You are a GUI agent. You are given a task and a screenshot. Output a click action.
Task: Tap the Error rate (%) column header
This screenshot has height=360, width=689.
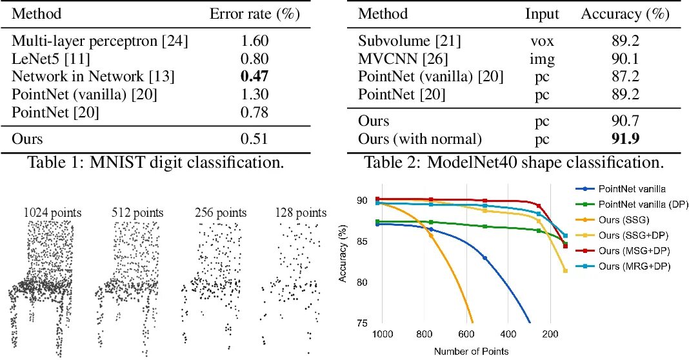point(248,14)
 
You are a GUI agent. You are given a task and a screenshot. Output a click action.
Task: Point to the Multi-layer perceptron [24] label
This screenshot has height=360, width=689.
point(100,42)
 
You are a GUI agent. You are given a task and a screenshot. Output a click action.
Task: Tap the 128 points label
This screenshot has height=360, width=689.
point(301,212)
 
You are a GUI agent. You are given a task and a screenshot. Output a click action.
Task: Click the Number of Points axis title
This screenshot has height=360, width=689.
point(470,351)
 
